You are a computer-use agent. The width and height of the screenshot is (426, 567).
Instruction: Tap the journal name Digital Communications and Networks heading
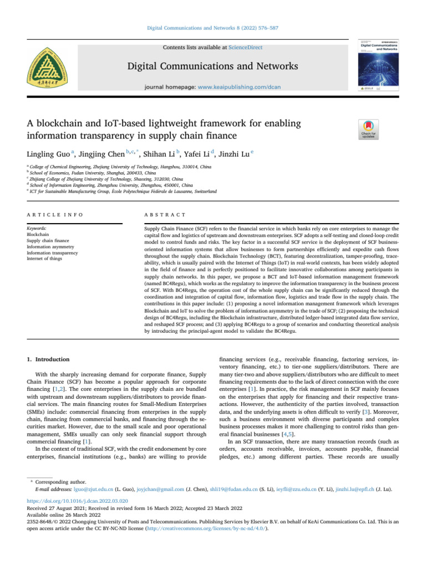pyautogui.click(x=212, y=67)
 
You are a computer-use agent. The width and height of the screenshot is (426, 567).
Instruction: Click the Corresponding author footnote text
pyautogui.click(x=61, y=514)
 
